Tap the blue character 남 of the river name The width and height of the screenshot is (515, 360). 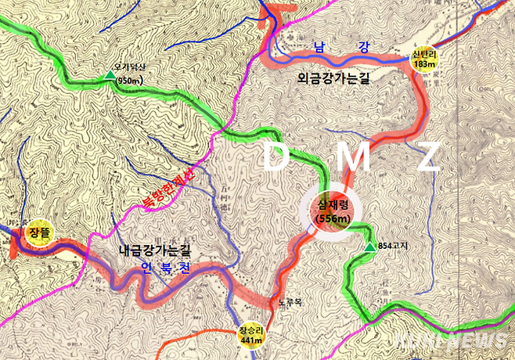(319, 48)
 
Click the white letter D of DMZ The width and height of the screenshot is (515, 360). (276, 158)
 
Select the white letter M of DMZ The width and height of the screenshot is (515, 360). (354, 158)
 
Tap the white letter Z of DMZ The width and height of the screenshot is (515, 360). (427, 158)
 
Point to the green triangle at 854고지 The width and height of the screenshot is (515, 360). (369, 248)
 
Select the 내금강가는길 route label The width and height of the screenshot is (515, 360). (155, 252)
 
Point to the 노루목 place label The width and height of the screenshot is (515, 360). (290, 302)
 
